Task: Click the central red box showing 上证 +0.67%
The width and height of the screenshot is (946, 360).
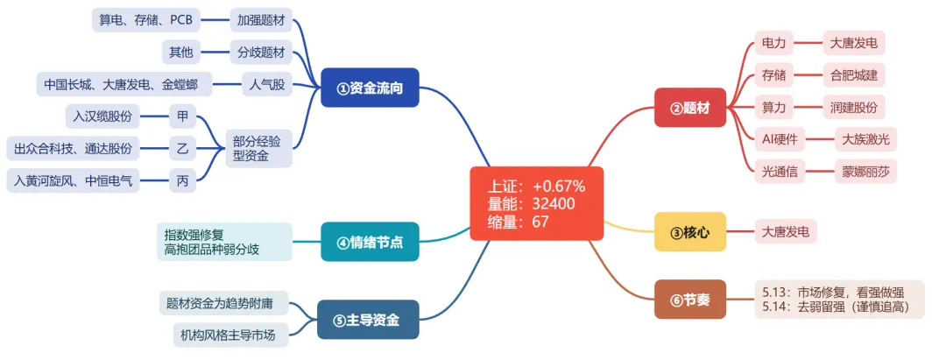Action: pos(536,203)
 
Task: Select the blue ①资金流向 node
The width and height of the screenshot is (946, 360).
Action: pos(370,88)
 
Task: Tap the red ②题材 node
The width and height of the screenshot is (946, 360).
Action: pos(690,108)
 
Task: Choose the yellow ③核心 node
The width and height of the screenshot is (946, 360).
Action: pos(690,231)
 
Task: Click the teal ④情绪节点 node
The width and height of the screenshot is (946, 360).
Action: pos(370,242)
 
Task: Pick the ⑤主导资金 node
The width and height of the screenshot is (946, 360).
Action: pos(367,319)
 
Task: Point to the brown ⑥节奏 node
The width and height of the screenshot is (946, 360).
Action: pos(690,299)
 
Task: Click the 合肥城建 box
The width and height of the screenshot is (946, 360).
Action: pos(854,75)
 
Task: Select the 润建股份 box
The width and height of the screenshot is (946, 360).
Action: pos(854,108)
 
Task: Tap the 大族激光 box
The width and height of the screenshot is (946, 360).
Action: pos(865,139)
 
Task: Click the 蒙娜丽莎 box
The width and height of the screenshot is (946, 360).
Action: pos(865,172)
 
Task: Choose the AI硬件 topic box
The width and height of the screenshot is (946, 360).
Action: pos(780,139)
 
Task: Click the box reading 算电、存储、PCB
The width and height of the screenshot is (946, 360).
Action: pos(146,20)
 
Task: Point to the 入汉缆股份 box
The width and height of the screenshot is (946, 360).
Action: pos(102,116)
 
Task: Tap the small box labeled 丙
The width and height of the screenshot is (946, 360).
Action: pos(183,180)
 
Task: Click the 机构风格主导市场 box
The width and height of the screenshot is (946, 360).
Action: pos(224,335)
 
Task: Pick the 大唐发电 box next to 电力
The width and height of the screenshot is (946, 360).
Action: pos(854,44)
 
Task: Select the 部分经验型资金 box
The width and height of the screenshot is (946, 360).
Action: pos(258,148)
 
